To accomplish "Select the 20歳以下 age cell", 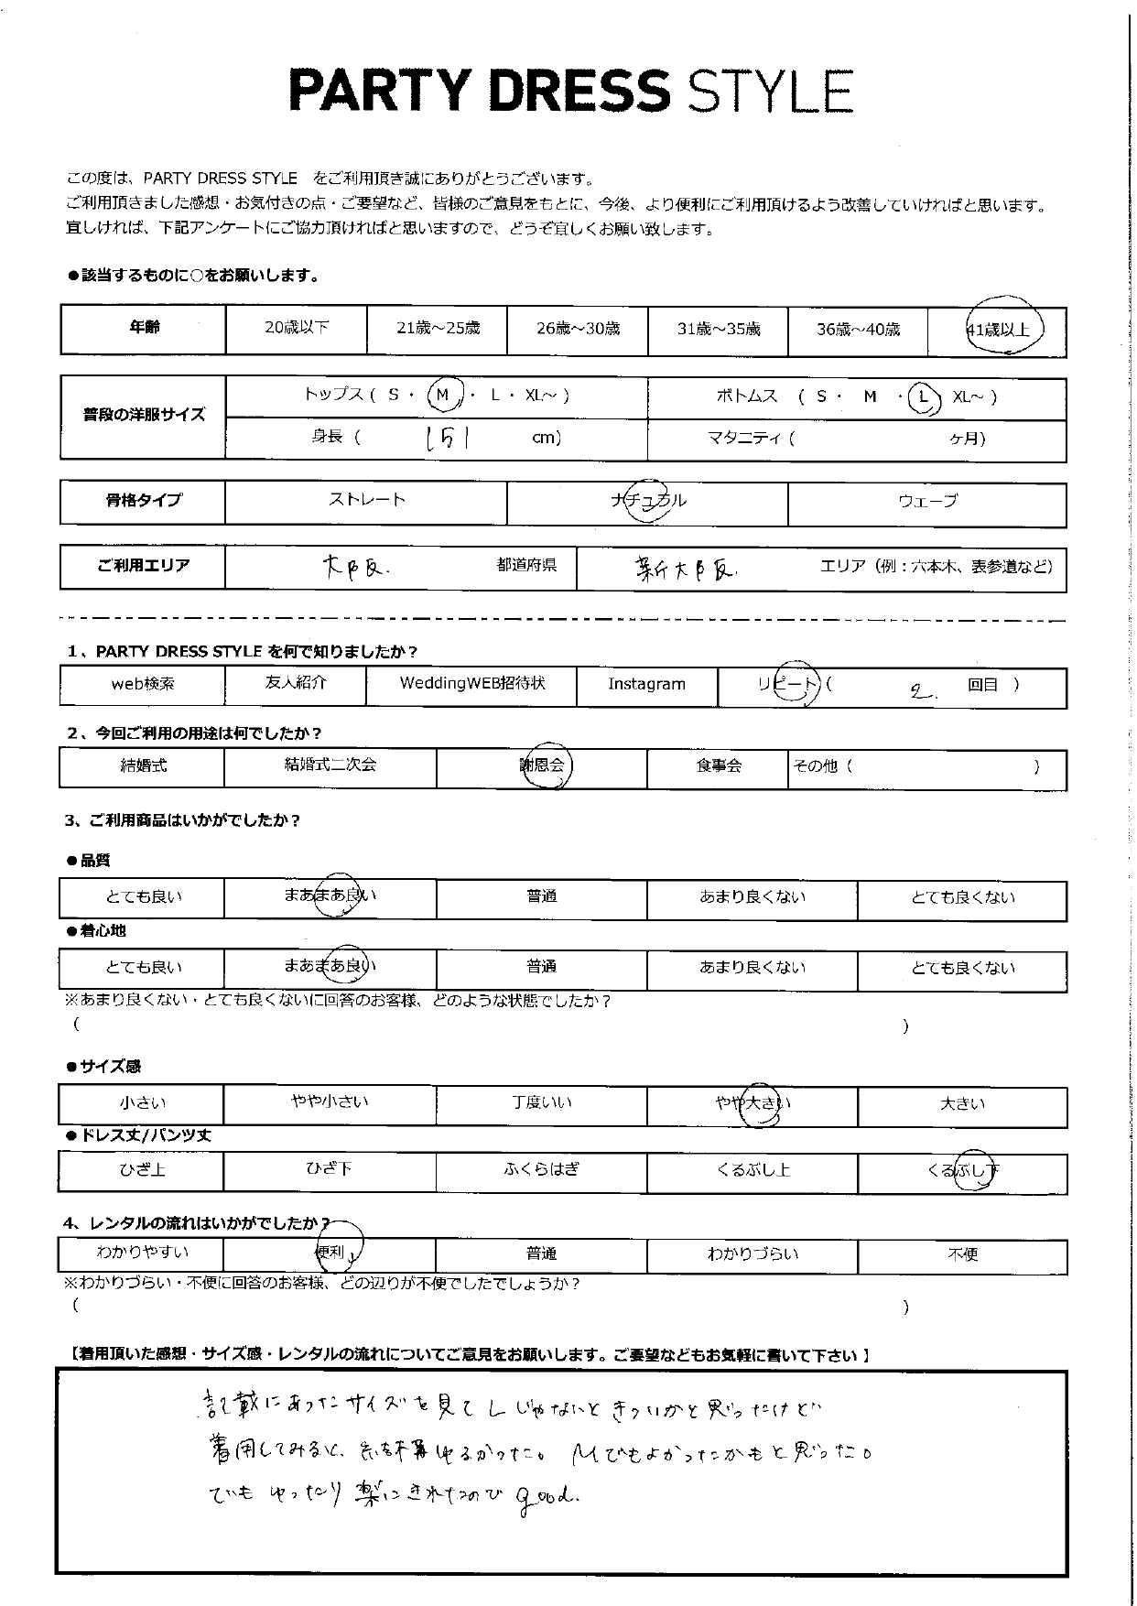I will pyautogui.click(x=296, y=328).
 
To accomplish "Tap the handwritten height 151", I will pyautogui.click(x=449, y=439).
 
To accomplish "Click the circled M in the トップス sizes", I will pyautogui.click(x=444, y=396).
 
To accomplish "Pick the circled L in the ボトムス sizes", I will pyautogui.click(x=925, y=396).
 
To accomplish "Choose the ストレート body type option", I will pyautogui.click(x=366, y=500).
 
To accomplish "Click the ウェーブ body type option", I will pyautogui.click(x=926, y=501).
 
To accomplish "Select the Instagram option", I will pyautogui.click(x=646, y=684).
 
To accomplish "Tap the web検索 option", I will pyautogui.click(x=142, y=684).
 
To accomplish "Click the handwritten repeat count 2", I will pyautogui.click(x=916, y=691).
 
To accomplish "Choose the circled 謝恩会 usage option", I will pyautogui.click(x=543, y=765).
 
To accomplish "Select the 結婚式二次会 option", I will pyautogui.click(x=330, y=765).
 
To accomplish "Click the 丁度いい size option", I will pyautogui.click(x=541, y=1103).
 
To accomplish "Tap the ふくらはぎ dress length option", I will pyautogui.click(x=541, y=1169).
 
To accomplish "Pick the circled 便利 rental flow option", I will pyautogui.click(x=331, y=1252).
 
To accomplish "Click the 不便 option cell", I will pyautogui.click(x=962, y=1253).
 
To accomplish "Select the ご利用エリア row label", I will pyautogui.click(x=143, y=566).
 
